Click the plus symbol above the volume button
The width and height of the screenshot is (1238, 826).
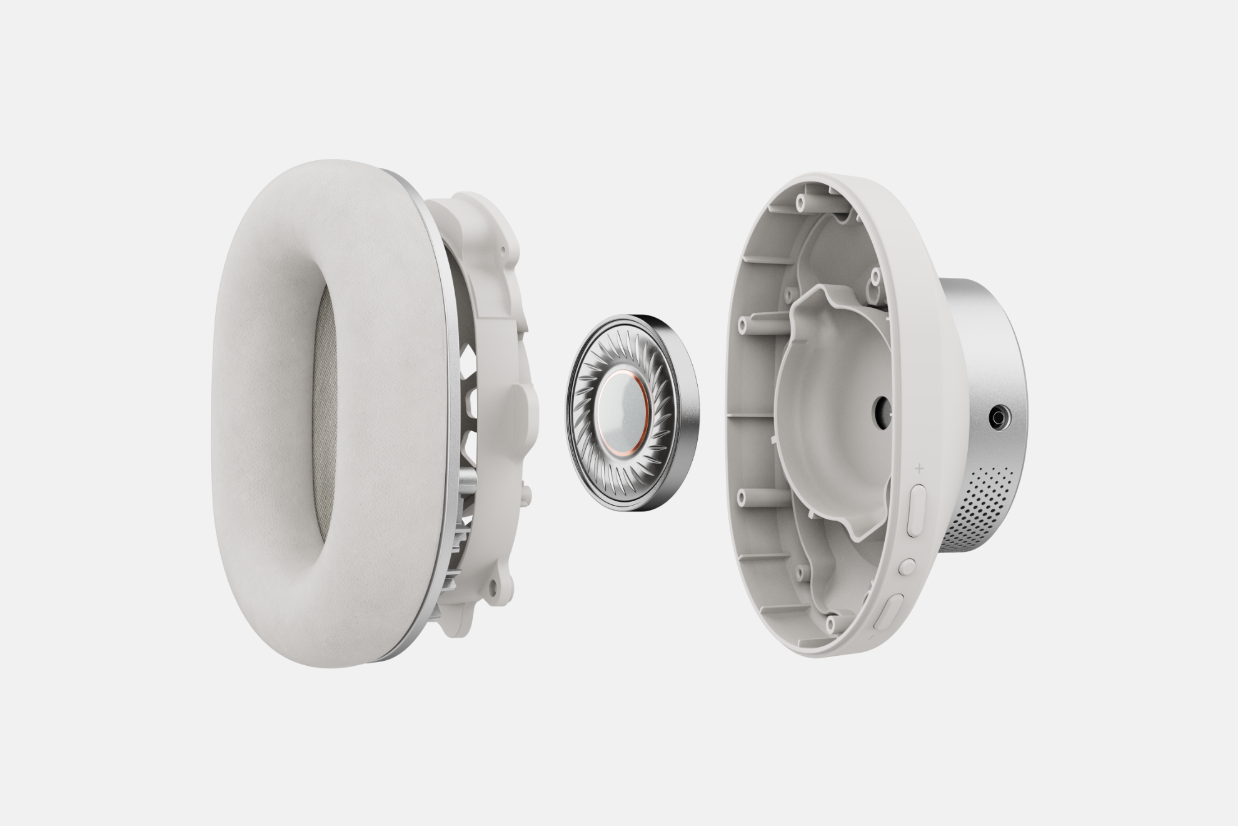919,467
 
